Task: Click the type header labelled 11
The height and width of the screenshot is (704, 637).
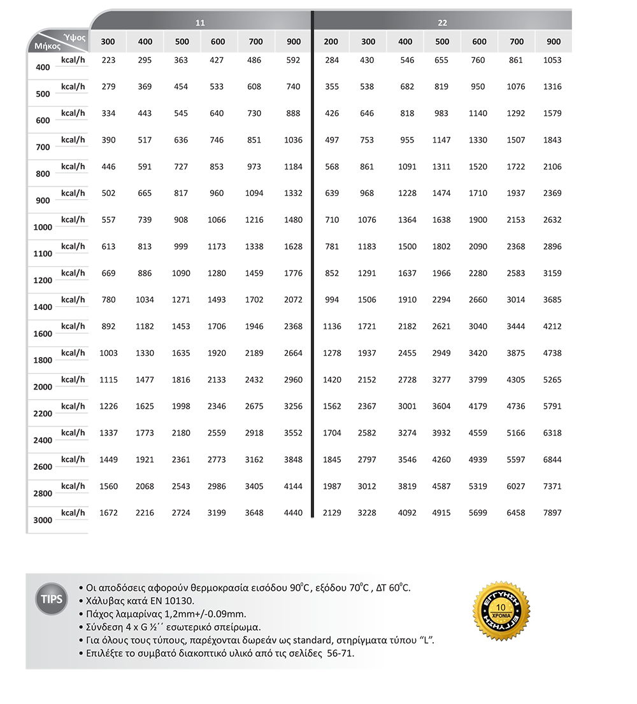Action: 200,23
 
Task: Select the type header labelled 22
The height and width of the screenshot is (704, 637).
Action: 442,23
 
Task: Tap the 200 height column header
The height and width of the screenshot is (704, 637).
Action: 331,42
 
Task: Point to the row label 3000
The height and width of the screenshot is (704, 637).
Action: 43,521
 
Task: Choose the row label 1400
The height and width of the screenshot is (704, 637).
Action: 43,307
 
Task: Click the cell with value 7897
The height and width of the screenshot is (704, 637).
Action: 552,513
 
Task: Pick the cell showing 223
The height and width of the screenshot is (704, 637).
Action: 108,60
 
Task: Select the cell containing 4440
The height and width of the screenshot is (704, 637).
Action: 293,513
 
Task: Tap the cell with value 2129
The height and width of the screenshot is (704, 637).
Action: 332,513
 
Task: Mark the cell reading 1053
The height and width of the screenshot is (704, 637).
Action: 552,60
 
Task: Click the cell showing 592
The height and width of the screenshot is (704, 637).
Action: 293,60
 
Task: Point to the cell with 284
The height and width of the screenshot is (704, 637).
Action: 332,60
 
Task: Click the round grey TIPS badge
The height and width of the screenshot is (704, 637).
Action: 52,600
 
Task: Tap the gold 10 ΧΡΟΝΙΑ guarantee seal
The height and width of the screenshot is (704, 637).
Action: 501,611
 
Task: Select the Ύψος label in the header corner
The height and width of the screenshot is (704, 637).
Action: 75,38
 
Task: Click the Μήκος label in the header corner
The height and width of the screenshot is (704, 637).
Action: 47,46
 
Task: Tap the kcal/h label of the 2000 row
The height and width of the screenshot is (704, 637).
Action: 73,379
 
